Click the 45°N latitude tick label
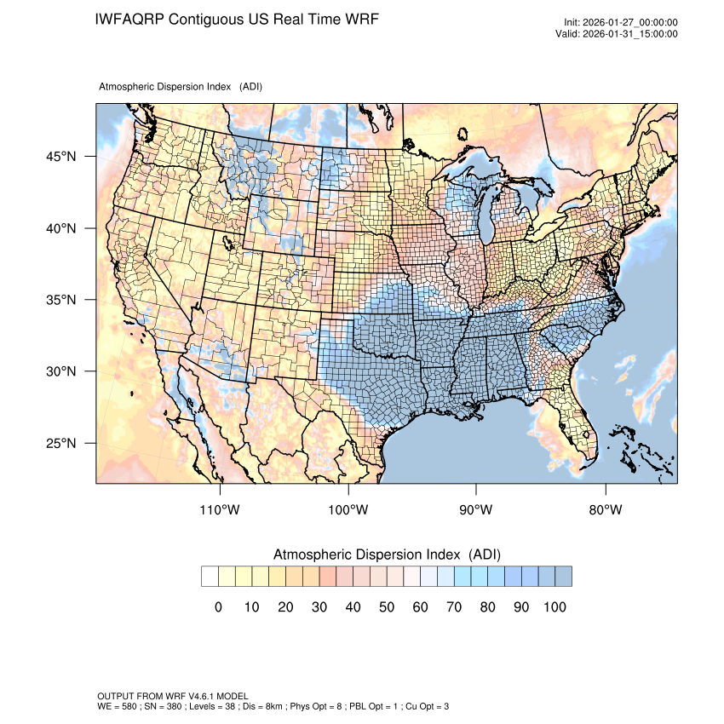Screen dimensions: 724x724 [60, 157]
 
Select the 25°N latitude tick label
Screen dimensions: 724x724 [60, 443]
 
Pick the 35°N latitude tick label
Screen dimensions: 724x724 [60, 300]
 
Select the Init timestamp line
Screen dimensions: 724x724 [621, 22]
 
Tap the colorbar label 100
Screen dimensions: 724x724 [554, 606]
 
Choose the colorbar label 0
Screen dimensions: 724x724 [219, 606]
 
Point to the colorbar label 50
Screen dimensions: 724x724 [386, 606]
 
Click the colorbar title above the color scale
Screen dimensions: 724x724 [387, 554]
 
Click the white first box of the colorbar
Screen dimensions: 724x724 [210, 577]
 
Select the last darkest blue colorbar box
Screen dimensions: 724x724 [563, 577]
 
